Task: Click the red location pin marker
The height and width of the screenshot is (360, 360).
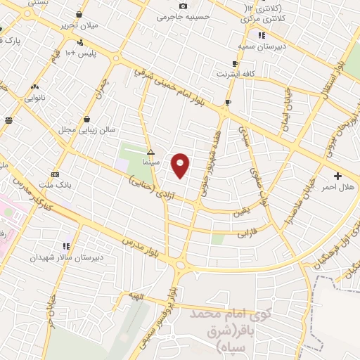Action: [x=181, y=165]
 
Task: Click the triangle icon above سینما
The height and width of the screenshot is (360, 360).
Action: [x=150, y=152]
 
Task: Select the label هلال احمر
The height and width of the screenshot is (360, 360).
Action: [x=337, y=187]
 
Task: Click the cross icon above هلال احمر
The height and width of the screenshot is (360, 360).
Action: [x=337, y=176]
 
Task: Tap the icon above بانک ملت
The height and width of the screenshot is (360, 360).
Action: [x=56, y=175]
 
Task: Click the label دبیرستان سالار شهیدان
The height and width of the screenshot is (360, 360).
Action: [x=66, y=257]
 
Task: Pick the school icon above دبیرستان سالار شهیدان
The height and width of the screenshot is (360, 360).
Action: [x=66, y=246]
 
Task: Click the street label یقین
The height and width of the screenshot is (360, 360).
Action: [x=242, y=209]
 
